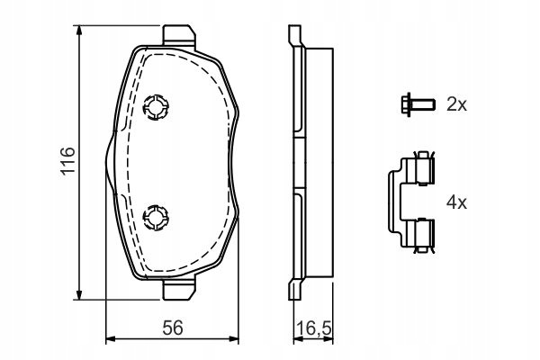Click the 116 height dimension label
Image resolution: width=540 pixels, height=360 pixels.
(67, 161)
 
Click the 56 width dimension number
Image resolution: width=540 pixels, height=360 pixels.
(173, 328)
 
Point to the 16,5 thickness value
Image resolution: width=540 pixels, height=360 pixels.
(313, 328)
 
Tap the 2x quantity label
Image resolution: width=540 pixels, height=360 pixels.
(456, 104)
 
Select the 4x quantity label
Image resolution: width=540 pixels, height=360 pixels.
(456, 202)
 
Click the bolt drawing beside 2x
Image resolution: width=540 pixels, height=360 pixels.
(418, 103)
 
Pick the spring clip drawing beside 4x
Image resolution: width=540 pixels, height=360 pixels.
(411, 202)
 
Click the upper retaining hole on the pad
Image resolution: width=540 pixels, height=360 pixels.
(156, 107)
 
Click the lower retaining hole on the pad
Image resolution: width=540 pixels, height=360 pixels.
(156, 218)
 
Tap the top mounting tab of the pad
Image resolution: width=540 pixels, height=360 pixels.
(179, 35)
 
